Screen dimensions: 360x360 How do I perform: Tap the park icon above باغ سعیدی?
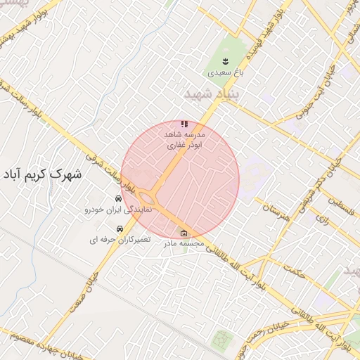point(226,60)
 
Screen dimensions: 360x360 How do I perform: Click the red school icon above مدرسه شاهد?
point(184,124)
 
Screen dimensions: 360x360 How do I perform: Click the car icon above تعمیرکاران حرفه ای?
point(120,229)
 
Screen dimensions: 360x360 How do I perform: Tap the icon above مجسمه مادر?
point(184,233)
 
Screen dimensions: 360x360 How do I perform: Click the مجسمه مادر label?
point(184,244)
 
